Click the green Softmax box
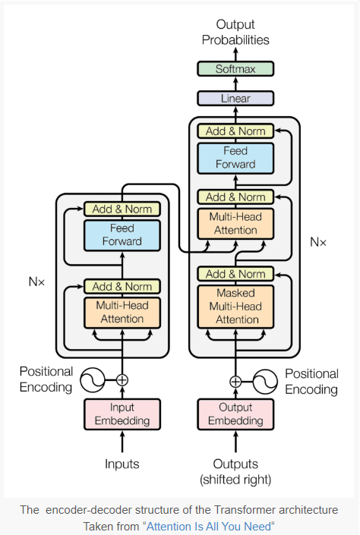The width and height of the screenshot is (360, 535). (x=235, y=69)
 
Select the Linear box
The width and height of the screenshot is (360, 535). (x=235, y=98)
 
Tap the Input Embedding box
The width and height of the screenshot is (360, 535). (x=122, y=414)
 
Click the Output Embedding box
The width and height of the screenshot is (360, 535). (x=235, y=414)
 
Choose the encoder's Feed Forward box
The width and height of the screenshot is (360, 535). (x=122, y=234)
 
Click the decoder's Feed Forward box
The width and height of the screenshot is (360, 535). (x=235, y=158)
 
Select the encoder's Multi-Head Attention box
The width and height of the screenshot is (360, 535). (x=122, y=312)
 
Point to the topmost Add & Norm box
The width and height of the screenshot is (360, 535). (x=235, y=131)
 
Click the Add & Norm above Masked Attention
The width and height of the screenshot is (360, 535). (x=235, y=274)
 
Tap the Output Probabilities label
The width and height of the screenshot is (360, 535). (x=235, y=33)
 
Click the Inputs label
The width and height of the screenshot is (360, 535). (x=122, y=463)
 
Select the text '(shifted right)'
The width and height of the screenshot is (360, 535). (x=235, y=480)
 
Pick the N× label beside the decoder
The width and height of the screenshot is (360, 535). (x=318, y=242)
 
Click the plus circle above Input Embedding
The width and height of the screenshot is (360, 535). (x=122, y=380)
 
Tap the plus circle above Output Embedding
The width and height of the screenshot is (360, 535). (x=235, y=382)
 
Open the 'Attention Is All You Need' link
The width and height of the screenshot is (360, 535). (x=208, y=526)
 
